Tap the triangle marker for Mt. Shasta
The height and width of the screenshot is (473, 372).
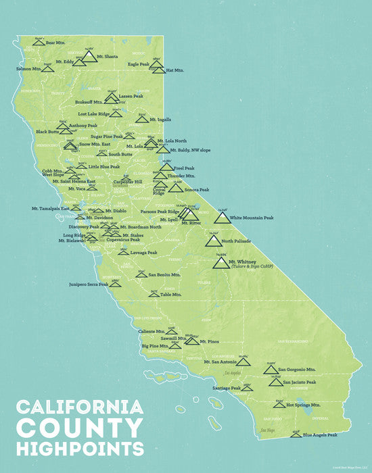pyautogui.click(x=90, y=57)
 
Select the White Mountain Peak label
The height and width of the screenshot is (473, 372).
pyautogui.click(x=252, y=218)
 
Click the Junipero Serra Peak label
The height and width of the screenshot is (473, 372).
pyautogui.click(x=89, y=284)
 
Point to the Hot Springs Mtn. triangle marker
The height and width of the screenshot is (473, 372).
pyautogui.click(x=279, y=404)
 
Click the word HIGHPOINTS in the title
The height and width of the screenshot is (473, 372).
pyautogui.click(x=80, y=448)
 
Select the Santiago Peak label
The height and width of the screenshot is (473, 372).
pyautogui.click(x=227, y=389)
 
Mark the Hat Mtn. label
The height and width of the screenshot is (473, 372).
pyautogui.click(x=175, y=70)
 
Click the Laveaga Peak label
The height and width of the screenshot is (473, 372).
pyautogui.click(x=143, y=253)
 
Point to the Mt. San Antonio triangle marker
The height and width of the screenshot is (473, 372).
pyautogui.click(x=243, y=362)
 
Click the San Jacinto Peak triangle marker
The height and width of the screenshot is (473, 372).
pyautogui.click(x=275, y=382)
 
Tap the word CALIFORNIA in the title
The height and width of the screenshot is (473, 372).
pyautogui.click(x=78, y=407)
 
